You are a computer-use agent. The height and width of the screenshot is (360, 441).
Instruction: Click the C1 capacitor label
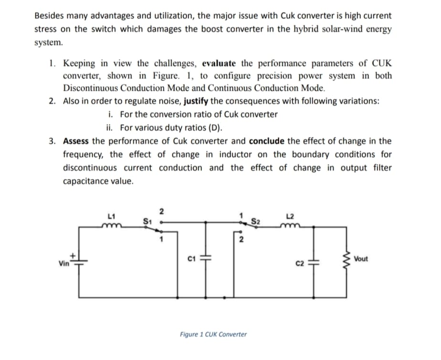190,259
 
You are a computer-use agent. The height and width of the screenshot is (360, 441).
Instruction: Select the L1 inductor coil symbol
112,223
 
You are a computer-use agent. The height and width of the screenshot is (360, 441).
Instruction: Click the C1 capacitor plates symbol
207,258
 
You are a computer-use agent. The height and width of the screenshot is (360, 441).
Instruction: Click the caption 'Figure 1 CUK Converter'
213,334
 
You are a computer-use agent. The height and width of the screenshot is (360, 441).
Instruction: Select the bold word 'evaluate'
220,63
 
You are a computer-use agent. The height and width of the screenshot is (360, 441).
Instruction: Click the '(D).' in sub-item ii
213,128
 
